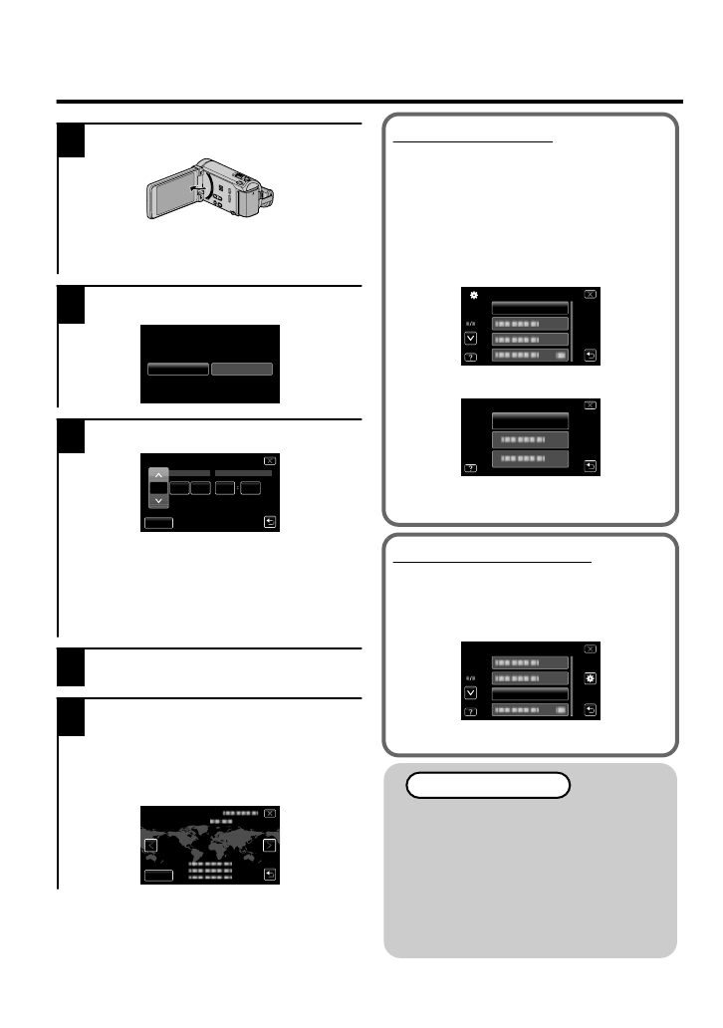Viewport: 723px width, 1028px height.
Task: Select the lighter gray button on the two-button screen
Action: (241, 369)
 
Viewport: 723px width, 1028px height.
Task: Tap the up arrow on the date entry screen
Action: (158, 474)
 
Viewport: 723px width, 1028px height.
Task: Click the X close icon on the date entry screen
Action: (269, 461)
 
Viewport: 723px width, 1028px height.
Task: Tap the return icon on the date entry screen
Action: (269, 520)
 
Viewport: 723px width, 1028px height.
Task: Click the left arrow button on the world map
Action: (150, 846)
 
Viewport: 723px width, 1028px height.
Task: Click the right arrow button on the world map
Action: (269, 846)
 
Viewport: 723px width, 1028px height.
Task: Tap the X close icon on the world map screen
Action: (269, 814)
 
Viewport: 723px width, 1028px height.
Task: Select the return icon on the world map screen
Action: (269, 875)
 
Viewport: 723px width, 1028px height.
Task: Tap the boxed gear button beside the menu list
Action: (591, 677)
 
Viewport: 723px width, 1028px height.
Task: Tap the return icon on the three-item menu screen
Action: (591, 465)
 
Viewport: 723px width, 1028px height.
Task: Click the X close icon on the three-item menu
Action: (591, 406)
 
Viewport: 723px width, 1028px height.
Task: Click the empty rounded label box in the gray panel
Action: (487, 785)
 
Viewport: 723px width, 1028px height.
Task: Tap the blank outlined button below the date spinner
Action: (158, 521)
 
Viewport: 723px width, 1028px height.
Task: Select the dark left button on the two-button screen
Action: (178, 369)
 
